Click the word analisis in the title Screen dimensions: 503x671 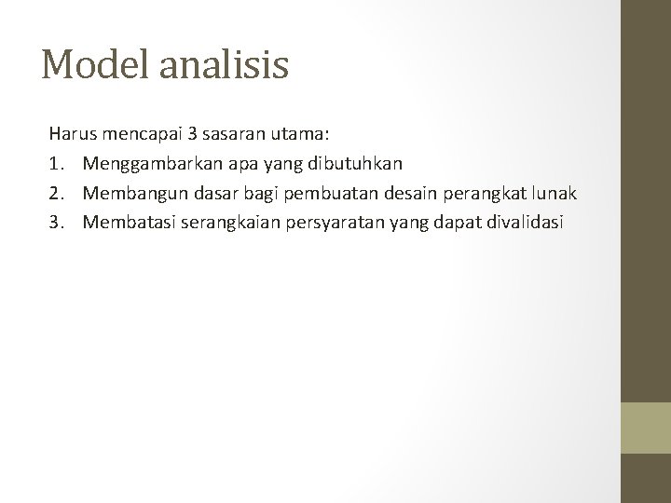[x=228, y=65]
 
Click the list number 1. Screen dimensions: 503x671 [x=56, y=164]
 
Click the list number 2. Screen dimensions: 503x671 [x=56, y=193]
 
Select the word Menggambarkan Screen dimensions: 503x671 [x=144, y=165]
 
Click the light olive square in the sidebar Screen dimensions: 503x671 [x=647, y=428]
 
